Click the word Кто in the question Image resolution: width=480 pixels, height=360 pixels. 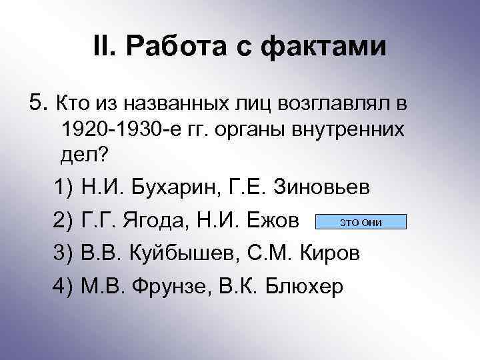click(72, 104)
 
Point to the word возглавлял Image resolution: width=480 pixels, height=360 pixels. click(331, 104)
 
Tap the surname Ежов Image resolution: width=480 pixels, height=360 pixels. click(273, 221)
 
